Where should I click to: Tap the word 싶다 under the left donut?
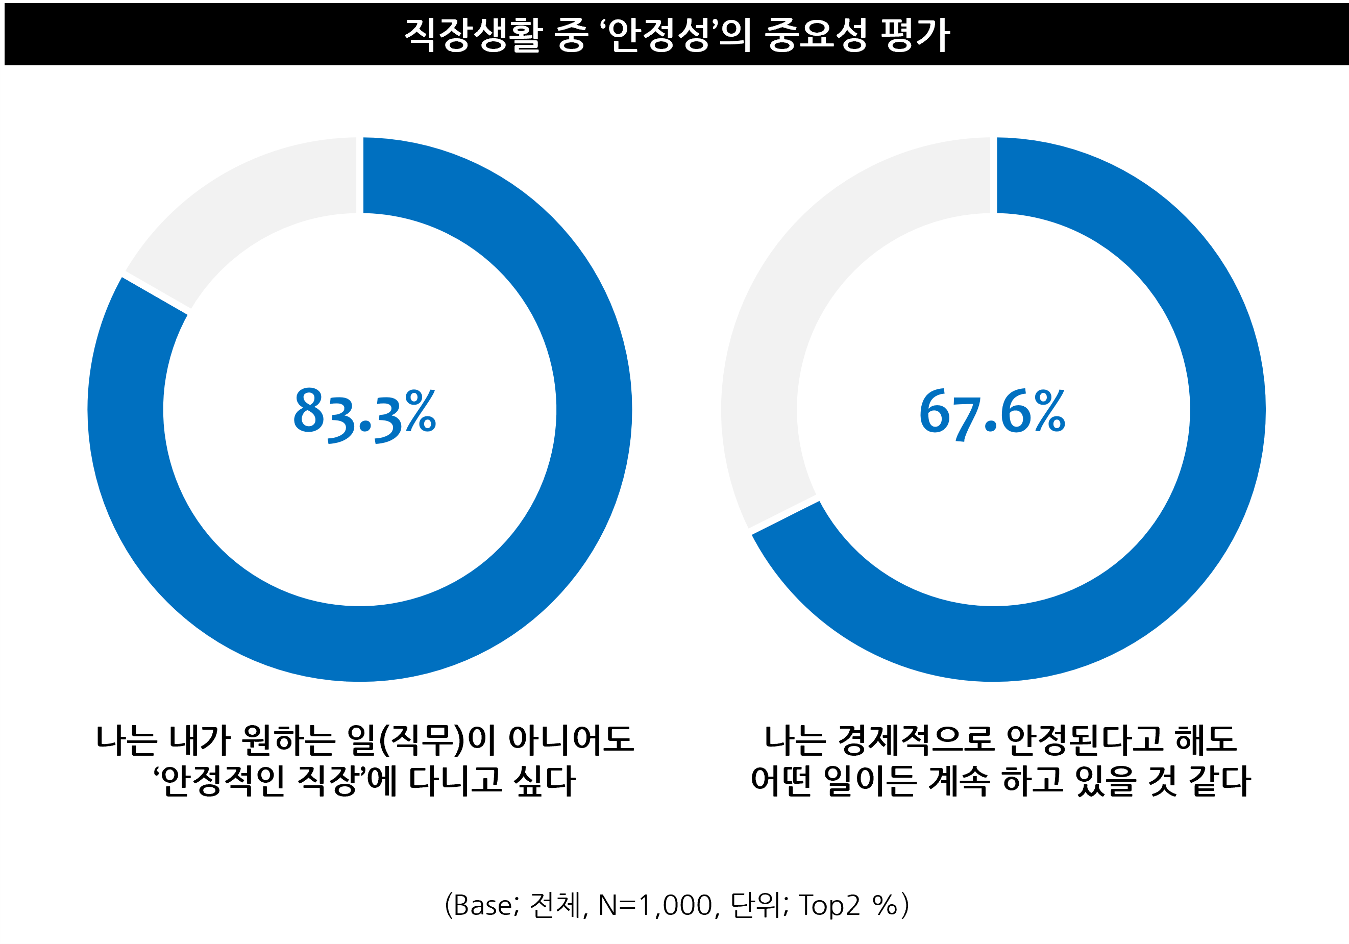tap(544, 781)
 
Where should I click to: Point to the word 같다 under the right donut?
tap(1220, 781)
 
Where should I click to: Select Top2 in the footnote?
tap(828, 905)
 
